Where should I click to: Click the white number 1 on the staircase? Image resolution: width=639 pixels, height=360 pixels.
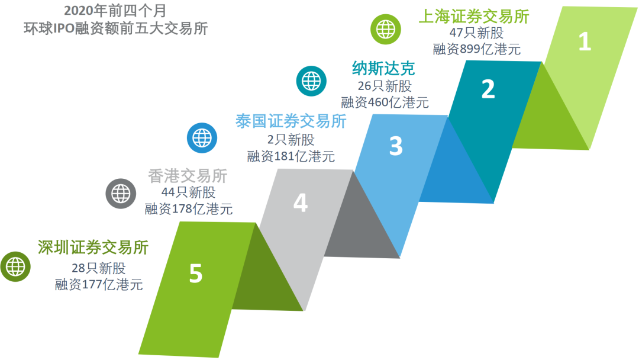point(585,41)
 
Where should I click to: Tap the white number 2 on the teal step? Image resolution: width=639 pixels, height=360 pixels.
point(488,89)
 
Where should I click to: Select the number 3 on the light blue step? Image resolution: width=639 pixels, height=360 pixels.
point(396,146)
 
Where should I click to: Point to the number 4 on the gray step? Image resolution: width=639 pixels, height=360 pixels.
point(301,202)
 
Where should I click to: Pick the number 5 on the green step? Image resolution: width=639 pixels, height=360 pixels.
point(196,273)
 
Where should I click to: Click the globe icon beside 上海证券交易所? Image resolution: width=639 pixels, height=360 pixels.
point(386,30)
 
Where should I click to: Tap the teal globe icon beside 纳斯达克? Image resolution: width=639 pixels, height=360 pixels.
point(311,81)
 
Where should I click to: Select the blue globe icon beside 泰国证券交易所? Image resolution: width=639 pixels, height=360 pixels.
point(202,138)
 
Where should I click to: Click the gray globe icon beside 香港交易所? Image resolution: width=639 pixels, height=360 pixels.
point(121,194)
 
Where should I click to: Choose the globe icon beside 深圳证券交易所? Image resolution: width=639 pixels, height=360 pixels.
point(15,266)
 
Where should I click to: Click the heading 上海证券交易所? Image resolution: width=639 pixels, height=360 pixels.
point(474,17)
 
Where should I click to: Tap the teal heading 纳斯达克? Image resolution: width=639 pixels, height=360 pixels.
point(383,69)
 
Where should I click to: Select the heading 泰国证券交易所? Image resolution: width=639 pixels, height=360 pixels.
point(291,121)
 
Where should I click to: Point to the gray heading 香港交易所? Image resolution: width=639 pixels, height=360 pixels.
point(188,176)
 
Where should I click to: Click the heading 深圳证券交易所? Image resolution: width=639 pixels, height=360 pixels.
point(93,247)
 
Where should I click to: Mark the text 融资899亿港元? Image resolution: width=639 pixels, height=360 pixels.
point(477,49)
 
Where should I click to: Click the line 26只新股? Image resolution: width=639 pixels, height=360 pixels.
point(385,86)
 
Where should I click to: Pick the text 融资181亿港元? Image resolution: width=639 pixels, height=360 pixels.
point(291,156)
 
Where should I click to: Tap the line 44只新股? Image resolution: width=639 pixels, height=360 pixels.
point(188,192)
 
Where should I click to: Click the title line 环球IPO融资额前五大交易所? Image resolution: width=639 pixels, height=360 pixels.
point(116,28)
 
